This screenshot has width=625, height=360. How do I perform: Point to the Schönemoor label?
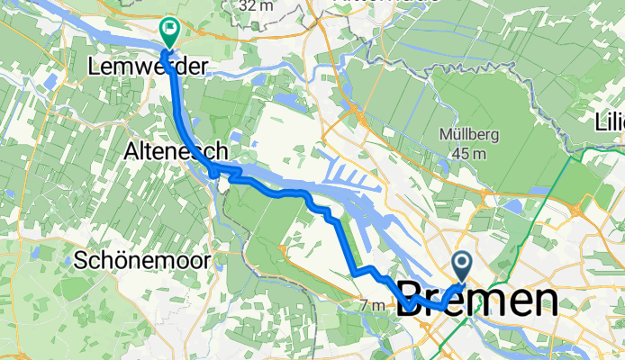143,261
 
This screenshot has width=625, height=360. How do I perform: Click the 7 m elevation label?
372,306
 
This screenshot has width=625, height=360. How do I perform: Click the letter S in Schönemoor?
81,261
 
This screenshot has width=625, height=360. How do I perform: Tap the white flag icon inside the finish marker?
169,30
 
